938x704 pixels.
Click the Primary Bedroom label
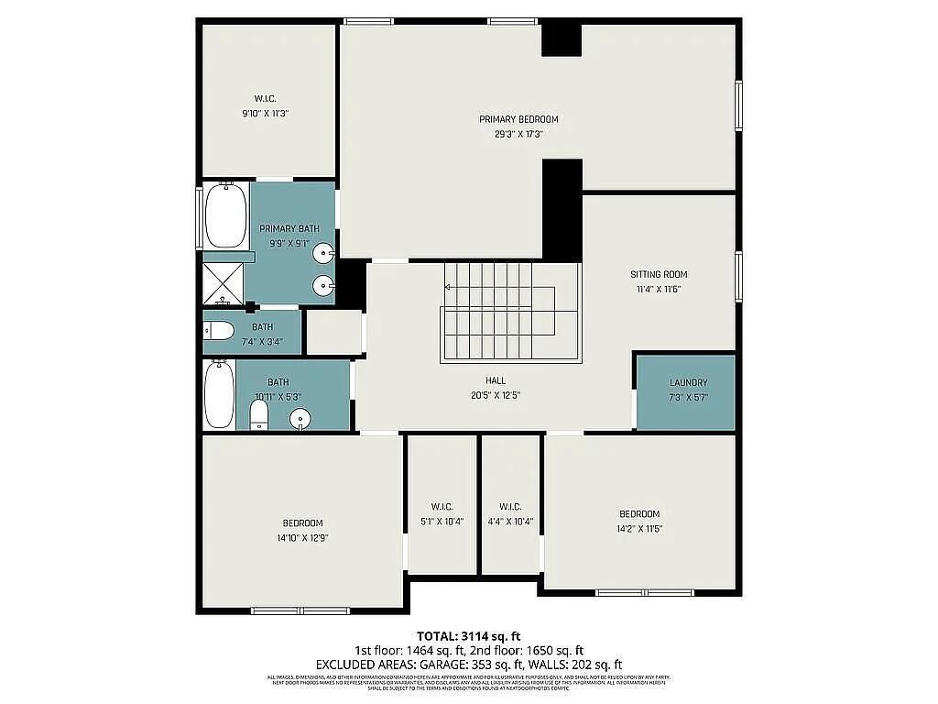pos(518,119)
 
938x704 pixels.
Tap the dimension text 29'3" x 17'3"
pos(518,134)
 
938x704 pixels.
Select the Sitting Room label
pos(658,274)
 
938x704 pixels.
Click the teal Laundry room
pos(686,392)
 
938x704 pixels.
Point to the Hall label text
pos(496,380)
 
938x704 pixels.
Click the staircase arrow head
pos(448,287)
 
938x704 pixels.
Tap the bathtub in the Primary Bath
pos(224,216)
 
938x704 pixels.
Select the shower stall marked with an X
pos(224,284)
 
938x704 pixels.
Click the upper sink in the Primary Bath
pos(324,251)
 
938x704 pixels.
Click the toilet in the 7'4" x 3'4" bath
pos(218,331)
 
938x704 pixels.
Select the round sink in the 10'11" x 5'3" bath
pos(300,420)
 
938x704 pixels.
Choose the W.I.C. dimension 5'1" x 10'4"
pos(442,521)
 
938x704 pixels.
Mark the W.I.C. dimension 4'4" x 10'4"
pos(510,521)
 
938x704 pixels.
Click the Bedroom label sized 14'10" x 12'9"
pos(302,523)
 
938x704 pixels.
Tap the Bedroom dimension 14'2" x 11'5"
pos(638,529)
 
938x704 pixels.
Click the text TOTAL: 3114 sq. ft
pos(469,635)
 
